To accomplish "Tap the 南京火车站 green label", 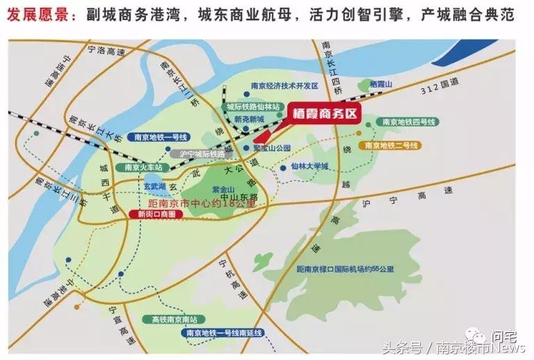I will [143, 167].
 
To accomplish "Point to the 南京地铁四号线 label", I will [408, 122].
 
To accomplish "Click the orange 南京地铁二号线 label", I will [390, 145].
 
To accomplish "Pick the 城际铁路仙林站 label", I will [252, 107].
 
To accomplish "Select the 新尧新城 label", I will [250, 119].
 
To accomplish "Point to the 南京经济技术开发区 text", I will [284, 86].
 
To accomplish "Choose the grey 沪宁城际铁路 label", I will [202, 154].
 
